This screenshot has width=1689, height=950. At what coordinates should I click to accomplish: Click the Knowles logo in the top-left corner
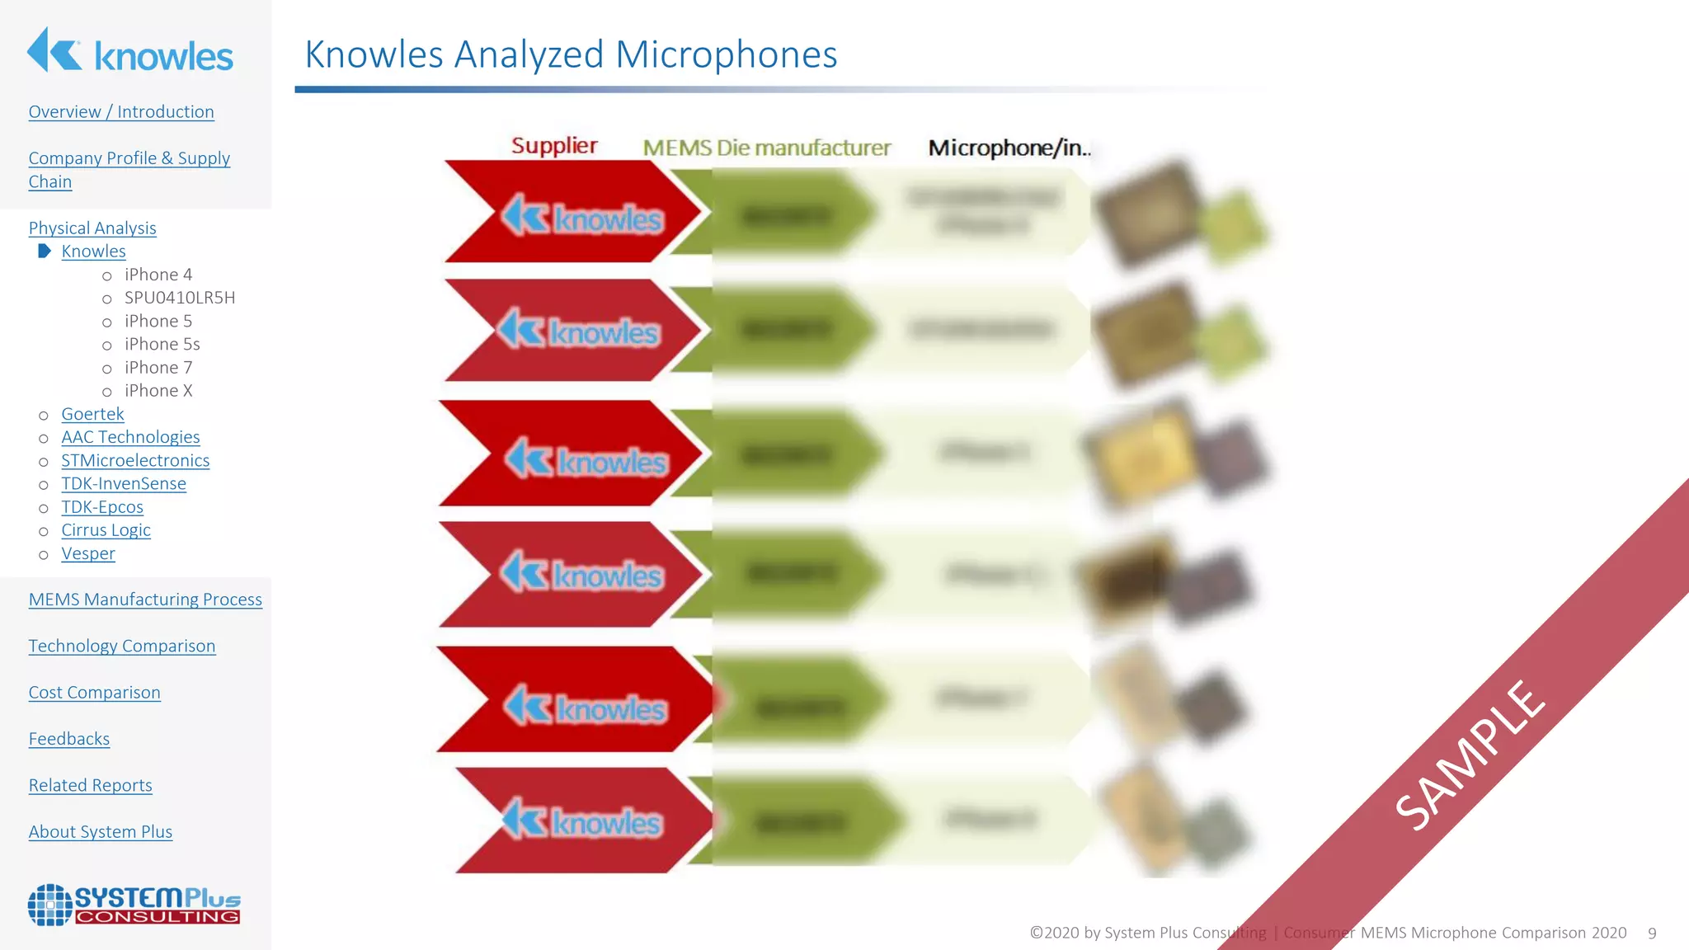130,51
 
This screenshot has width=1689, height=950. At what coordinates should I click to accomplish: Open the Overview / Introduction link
121,112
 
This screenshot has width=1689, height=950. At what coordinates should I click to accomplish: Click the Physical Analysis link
92,228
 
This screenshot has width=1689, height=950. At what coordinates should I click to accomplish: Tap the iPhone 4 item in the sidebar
158,275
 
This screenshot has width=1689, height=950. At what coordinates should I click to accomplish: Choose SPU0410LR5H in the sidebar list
179,298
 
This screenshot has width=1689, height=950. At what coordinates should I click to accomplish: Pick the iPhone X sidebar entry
158,391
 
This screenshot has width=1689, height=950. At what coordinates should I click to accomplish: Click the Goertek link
92,414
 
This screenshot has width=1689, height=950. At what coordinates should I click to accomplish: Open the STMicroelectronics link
135,461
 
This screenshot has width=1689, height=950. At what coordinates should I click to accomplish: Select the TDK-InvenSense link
124,484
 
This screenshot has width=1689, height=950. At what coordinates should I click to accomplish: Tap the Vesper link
88,554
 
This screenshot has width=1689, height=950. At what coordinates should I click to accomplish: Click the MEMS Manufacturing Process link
145,600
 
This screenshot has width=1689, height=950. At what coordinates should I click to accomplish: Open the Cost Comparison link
95,693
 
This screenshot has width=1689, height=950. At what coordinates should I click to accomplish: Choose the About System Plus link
101,832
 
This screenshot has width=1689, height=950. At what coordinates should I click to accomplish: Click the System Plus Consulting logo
134,905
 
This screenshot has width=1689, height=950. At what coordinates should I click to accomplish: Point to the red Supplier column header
554,146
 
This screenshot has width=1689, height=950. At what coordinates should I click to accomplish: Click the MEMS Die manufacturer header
767,148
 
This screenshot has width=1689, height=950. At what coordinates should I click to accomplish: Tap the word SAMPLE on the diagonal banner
1470,755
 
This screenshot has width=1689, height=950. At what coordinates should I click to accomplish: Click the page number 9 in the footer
1652,934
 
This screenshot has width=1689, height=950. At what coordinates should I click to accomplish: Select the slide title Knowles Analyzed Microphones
571,55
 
